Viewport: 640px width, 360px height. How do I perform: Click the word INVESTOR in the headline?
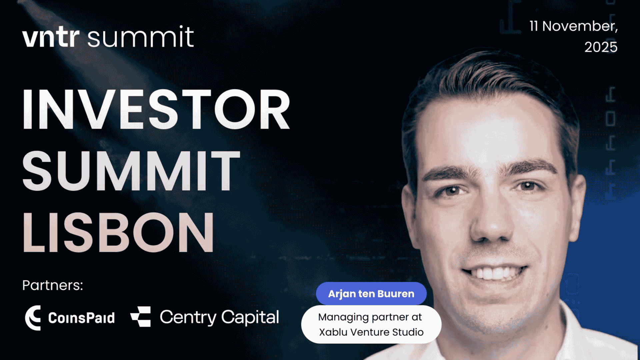click(156, 109)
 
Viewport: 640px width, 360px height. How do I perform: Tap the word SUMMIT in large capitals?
click(131, 170)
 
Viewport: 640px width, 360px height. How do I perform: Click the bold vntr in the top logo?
click(51, 37)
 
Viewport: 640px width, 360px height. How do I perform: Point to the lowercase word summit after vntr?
click(140, 37)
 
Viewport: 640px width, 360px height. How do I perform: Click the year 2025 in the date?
click(601, 47)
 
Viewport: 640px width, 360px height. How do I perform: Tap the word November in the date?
click(580, 26)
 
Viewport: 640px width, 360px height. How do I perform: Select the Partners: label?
click(53, 285)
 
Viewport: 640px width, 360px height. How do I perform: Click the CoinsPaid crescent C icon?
click(33, 318)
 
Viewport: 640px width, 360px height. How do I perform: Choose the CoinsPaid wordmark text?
click(81, 318)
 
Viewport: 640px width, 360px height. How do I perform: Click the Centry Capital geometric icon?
click(140, 316)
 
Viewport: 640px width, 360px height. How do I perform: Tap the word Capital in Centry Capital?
click(250, 317)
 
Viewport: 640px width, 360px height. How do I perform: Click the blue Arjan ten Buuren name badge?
click(371, 294)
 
